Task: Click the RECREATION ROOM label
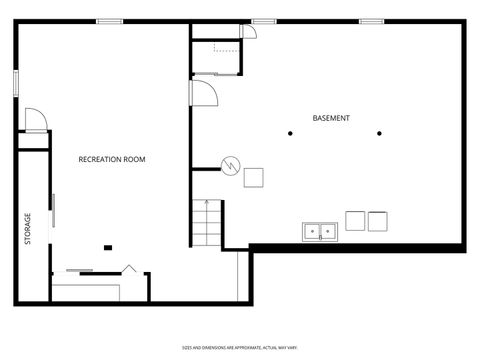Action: [112, 159]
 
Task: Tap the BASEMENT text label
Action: [331, 118]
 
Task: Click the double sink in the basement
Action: [319, 232]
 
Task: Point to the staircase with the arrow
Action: [206, 221]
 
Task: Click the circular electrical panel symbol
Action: [230, 164]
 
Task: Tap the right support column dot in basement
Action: [379, 132]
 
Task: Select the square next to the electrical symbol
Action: [253, 177]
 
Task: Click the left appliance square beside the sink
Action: [355, 220]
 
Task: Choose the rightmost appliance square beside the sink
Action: [378, 221]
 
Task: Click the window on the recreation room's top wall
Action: [110, 21]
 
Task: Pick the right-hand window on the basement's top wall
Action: [372, 21]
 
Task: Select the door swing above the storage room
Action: [34, 119]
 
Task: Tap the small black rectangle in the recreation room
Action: [108, 247]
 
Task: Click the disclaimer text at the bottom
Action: [239, 347]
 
